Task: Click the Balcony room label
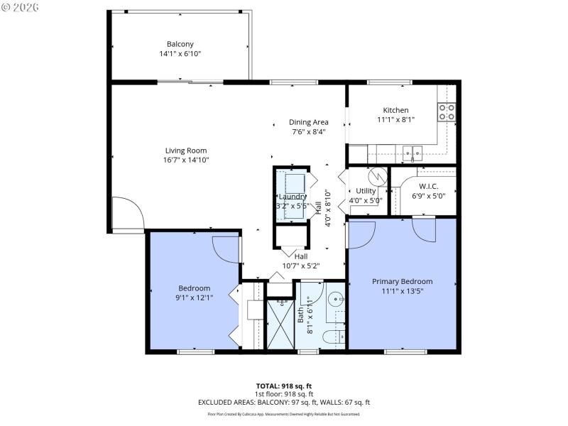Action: tap(180, 43)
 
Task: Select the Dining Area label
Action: tap(309, 121)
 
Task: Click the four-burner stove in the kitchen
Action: tap(447, 111)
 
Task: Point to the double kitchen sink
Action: tap(412, 151)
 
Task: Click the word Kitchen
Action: tap(395, 110)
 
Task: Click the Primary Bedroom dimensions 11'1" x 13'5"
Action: tap(402, 290)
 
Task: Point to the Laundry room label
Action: tap(292, 197)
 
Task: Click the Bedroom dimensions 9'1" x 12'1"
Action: tap(194, 297)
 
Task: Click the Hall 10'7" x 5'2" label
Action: tap(301, 266)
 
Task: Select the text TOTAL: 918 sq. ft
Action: tap(284, 386)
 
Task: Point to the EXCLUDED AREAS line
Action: tap(284, 402)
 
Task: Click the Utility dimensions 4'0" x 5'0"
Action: tap(366, 200)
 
